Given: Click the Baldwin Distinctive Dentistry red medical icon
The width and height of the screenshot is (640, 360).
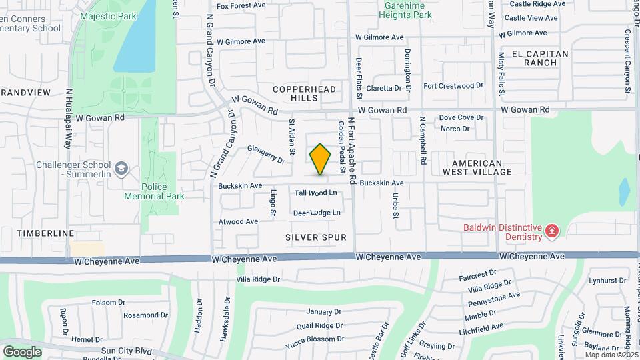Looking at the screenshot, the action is point(551,231).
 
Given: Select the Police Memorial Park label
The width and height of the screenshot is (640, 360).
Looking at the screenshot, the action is point(154,192).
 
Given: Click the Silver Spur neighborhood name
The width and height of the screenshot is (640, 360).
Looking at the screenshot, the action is point(316,237).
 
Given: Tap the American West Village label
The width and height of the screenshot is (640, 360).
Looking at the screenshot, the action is point(477,167).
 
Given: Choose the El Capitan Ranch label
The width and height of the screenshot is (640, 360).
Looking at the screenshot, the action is point(540,58).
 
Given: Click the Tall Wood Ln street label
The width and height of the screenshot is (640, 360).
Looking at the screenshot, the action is point(317,193).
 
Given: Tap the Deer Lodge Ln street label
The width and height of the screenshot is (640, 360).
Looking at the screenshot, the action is point(317,213).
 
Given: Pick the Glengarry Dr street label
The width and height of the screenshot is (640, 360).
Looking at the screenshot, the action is point(266,155).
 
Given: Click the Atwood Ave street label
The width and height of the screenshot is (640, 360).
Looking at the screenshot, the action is point(238,221).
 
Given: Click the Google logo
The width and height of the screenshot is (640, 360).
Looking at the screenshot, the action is point(22,351).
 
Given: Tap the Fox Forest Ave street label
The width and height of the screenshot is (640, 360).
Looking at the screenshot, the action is point(241,6).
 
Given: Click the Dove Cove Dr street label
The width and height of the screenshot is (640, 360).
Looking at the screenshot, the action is point(461,118).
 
